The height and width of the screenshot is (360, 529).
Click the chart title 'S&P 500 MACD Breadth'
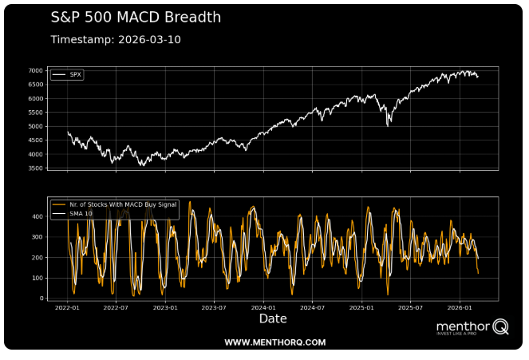pos(136,17)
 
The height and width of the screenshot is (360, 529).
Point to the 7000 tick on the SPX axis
pos(36,70)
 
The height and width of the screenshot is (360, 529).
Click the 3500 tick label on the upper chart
pos(36,168)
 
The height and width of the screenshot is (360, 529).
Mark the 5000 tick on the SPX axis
pos(36,126)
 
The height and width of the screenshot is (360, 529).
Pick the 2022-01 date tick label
pos(67,307)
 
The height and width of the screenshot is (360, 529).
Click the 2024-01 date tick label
pos(263,307)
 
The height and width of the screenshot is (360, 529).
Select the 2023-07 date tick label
pos(214,307)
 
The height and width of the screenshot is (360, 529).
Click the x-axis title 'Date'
pos(272,318)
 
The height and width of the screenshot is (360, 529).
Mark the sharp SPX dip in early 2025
pos(388,124)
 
